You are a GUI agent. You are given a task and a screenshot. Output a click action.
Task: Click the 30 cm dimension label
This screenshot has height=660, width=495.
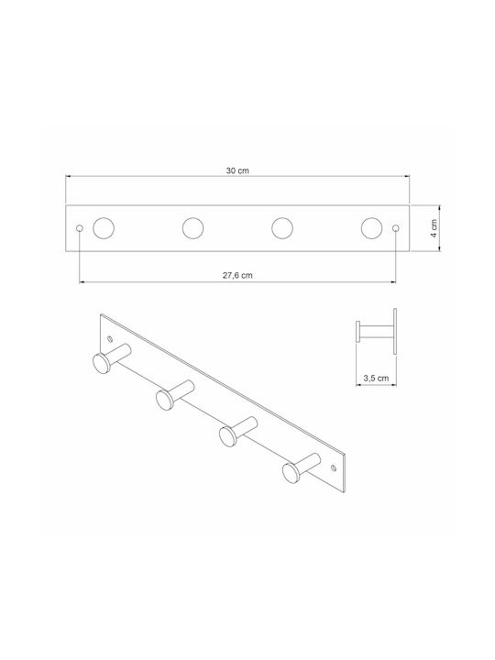[x=237, y=170]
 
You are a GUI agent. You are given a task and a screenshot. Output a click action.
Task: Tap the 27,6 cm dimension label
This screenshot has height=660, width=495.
[x=237, y=275]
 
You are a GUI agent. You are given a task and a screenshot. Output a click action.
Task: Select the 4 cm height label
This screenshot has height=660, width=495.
[x=434, y=228]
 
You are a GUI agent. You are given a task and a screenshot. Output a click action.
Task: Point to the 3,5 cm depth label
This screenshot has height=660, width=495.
[x=377, y=378]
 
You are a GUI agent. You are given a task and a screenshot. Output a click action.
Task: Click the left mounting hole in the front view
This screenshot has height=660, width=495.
[x=80, y=228]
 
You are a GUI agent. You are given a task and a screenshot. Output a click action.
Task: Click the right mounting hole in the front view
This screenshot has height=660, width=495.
[x=395, y=228]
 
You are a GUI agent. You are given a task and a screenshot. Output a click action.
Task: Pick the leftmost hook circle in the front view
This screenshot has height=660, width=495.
[x=104, y=228]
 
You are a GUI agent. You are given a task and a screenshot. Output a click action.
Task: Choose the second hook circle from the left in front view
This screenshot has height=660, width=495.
[x=192, y=228]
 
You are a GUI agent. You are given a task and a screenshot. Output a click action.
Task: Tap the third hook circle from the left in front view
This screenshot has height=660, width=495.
[x=282, y=228]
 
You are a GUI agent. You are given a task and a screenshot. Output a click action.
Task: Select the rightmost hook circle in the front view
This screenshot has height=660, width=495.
[x=371, y=228]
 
